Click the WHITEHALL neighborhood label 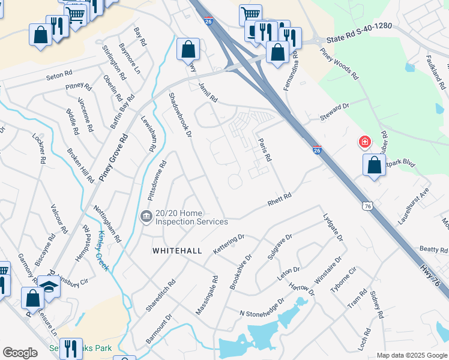coord(176,250)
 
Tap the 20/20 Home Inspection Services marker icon coord(146,217)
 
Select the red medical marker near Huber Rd coord(364,142)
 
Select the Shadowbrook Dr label coord(180,114)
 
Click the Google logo coord(20,352)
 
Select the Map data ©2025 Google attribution coord(412,355)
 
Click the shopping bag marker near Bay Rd coord(188,48)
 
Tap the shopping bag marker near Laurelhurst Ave coord(373,164)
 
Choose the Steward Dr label coord(335,110)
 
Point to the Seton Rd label coord(59,77)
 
